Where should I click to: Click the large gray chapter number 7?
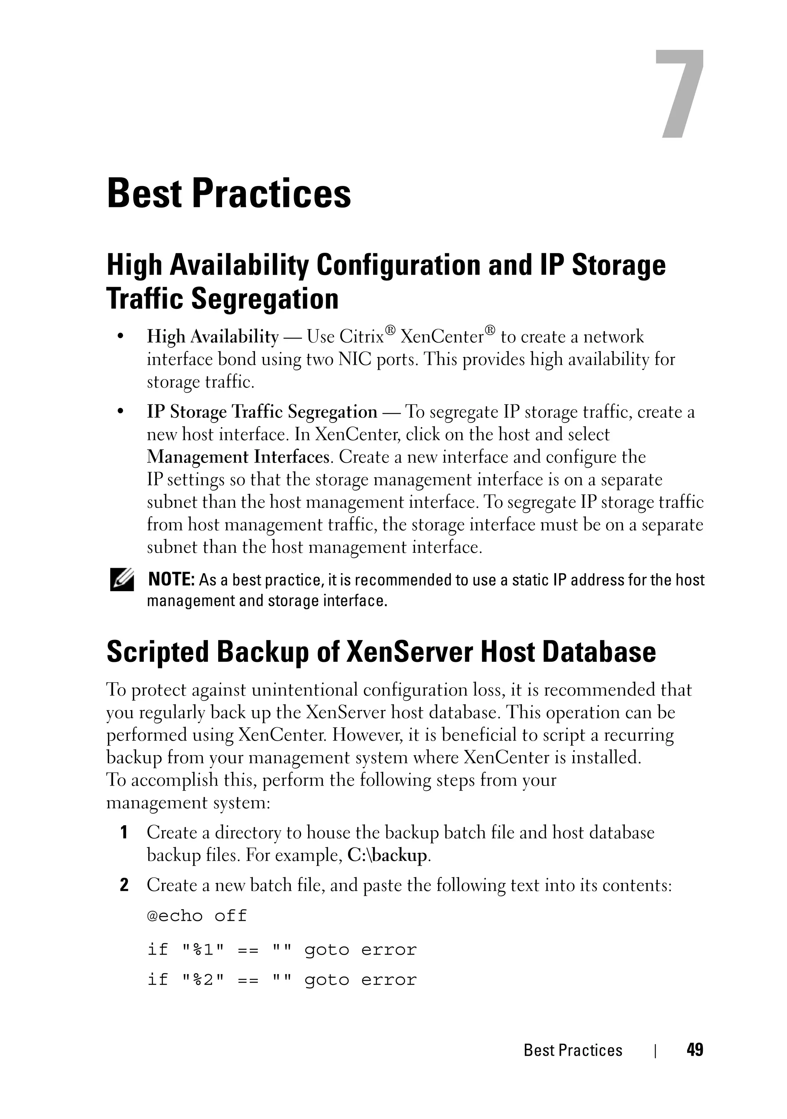click(x=679, y=94)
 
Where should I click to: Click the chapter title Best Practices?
click(x=229, y=194)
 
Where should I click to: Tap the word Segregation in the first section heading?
click(x=264, y=299)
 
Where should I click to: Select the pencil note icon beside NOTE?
click(x=121, y=580)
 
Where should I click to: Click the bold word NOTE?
click(x=171, y=580)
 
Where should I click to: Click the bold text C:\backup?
click(x=388, y=855)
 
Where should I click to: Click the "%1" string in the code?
click(x=203, y=949)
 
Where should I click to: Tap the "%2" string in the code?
click(x=203, y=980)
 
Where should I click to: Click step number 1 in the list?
click(x=124, y=832)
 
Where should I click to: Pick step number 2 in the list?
click(x=124, y=885)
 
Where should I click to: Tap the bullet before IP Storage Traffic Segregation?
click(x=120, y=412)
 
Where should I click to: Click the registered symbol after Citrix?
click(x=390, y=330)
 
